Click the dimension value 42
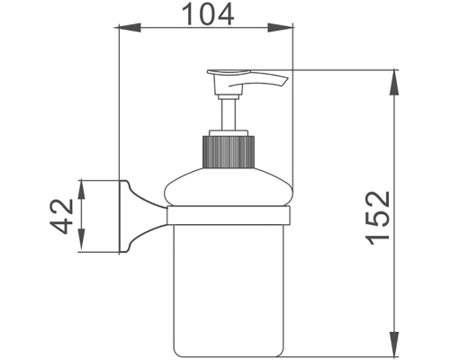pyautogui.click(x=62, y=217)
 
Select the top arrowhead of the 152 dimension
pyautogui.click(x=394, y=78)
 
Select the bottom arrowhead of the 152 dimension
pyautogui.click(x=394, y=346)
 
